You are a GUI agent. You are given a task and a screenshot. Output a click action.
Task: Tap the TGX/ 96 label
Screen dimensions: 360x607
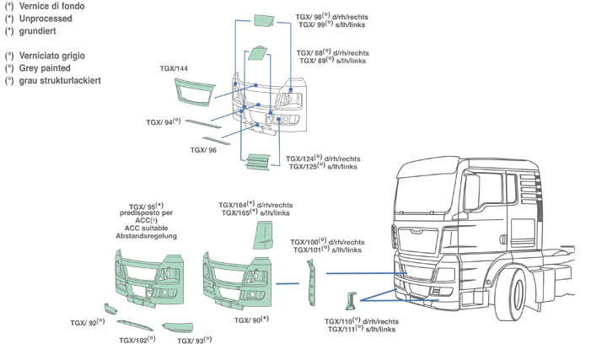204,150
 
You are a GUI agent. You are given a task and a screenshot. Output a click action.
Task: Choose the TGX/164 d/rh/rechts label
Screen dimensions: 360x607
255,205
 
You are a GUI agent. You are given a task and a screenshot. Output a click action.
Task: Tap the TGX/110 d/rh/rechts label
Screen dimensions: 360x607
362,322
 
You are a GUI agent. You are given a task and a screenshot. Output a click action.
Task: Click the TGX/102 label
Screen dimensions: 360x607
135,341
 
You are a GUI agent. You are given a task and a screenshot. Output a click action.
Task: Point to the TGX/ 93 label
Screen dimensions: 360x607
194,341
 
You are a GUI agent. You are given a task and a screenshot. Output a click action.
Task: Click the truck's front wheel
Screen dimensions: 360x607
520,296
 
